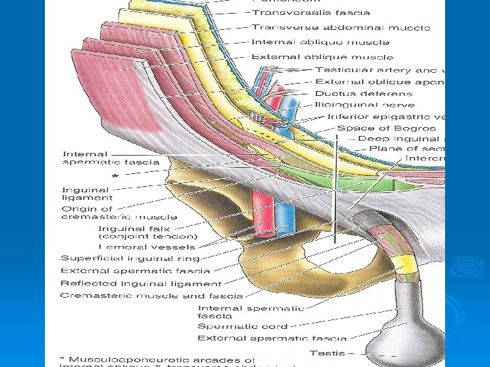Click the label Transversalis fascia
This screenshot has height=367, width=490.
[x=310, y=13]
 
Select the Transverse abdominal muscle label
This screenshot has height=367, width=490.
[x=340, y=28]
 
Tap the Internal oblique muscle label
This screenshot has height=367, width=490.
[x=310, y=42]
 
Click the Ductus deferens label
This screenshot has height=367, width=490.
[x=363, y=94]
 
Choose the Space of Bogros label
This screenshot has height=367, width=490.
[x=387, y=128]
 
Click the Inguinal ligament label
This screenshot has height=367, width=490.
[x=87, y=194]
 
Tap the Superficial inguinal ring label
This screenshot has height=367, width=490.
[x=130, y=258]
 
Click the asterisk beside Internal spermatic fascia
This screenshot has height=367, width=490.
[x=114, y=175]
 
